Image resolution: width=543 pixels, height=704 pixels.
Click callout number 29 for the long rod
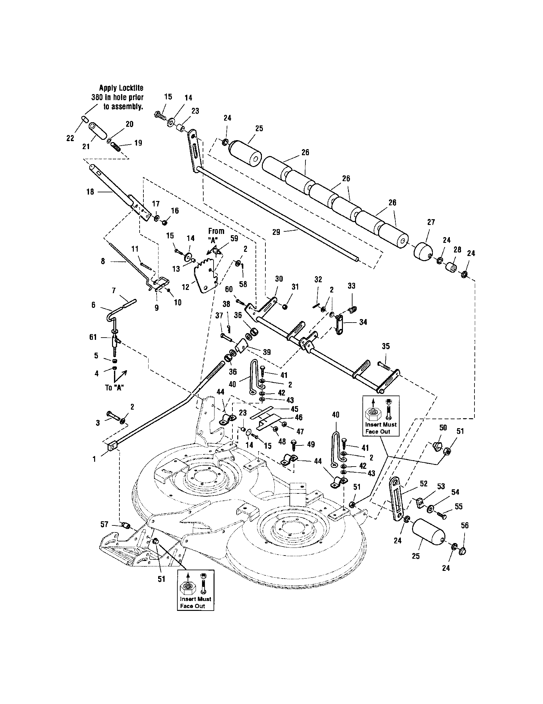276,232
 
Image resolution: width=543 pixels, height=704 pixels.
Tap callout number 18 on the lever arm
90,192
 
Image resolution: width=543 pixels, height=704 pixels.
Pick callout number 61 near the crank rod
93,337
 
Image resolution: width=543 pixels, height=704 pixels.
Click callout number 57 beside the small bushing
104,524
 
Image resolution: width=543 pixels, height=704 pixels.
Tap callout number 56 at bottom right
464,525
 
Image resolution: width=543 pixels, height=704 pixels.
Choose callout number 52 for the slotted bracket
423,484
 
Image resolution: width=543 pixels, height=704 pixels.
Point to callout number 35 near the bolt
386,346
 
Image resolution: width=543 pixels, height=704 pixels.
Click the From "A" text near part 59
215,235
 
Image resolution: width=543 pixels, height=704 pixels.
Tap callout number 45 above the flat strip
294,409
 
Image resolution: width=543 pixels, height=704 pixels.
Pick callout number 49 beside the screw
311,444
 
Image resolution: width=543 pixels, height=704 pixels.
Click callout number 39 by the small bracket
266,352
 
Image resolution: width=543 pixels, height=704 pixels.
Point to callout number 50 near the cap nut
443,428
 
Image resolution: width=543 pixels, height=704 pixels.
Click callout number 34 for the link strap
363,322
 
